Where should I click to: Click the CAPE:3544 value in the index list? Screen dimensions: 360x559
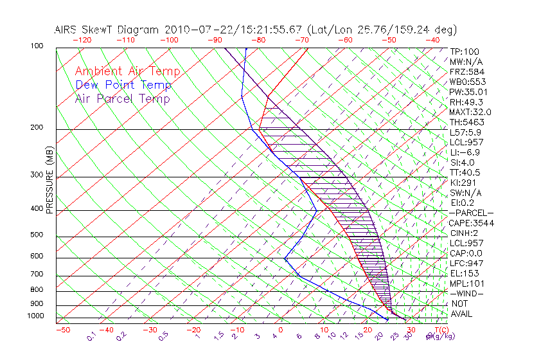click(468, 223)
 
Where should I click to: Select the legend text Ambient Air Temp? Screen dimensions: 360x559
click(127, 71)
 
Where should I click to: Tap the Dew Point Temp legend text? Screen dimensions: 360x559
click(123, 85)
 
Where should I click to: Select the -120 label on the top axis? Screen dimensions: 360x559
click(82, 39)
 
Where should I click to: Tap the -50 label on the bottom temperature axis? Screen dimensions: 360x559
click(62, 330)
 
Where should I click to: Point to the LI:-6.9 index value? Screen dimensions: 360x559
click(465, 152)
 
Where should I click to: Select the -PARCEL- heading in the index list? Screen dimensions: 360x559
click(471, 213)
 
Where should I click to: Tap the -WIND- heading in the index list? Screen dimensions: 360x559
click(467, 293)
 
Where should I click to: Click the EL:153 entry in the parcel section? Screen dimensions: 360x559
click(463, 273)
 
